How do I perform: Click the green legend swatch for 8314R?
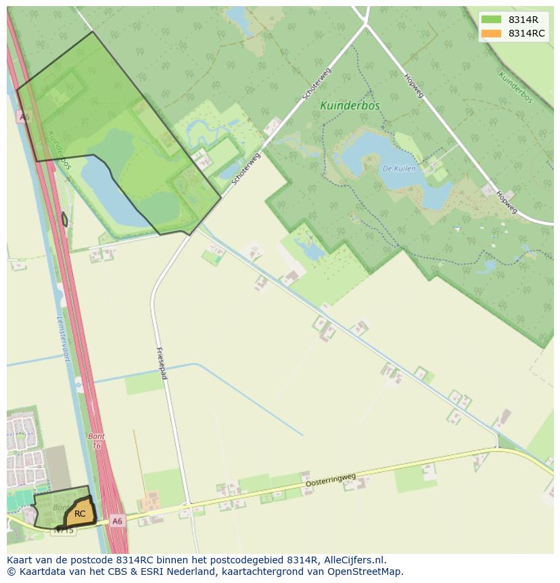(492, 19)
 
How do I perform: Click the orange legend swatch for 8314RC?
(492, 33)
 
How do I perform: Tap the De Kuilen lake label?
(398, 169)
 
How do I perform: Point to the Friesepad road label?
(162, 363)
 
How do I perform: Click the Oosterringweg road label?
(331, 480)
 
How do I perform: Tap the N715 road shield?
(64, 530)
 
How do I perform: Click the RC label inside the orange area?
(80, 514)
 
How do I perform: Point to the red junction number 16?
(97, 446)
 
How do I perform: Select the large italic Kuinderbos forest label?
(350, 106)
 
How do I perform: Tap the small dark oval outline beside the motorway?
(65, 219)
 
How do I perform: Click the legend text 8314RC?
(527, 33)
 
